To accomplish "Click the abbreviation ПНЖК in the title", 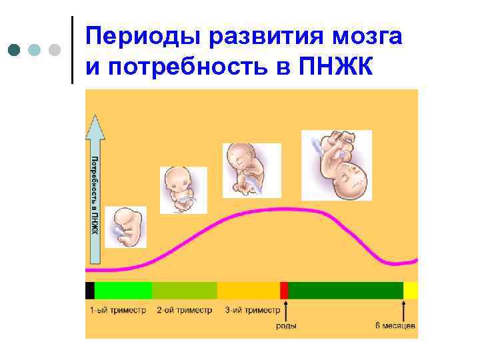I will tap(341, 67).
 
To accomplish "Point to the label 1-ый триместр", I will tap(118, 310).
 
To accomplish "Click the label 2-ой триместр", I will tap(184, 310).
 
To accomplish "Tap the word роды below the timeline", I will tap(287, 326).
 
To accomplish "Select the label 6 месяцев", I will tap(395, 326).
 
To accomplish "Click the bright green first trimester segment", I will tap(123, 290).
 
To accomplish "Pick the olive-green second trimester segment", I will tap(185, 290).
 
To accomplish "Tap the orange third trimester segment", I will tap(249, 290).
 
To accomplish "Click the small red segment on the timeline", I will tap(284, 290).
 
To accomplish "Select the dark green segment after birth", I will tap(345, 290).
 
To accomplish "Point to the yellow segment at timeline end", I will tap(411, 290).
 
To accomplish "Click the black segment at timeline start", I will tap(90, 290).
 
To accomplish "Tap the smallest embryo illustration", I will tap(126, 227).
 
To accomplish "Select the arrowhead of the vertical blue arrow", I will tap(95, 127).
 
